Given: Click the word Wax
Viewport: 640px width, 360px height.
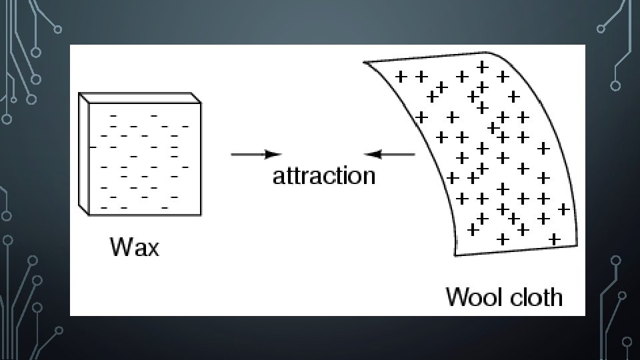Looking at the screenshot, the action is coord(135,247).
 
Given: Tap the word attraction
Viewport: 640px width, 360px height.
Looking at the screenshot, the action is coord(324,176).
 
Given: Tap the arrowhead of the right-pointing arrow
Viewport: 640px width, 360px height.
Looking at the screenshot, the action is coord(273,155).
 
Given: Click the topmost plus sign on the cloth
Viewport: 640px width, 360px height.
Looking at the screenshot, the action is coord(482,67).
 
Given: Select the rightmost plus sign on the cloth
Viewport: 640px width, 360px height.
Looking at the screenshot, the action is coord(563,209).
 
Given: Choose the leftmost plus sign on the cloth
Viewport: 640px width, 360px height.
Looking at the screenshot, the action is coord(401,77).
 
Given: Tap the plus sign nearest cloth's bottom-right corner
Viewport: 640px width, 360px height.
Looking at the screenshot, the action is coord(553,238).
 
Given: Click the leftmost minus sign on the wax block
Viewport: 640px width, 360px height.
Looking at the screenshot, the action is coord(93,146).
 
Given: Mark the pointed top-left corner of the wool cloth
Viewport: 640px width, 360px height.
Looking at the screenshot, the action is coord(365,62).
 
